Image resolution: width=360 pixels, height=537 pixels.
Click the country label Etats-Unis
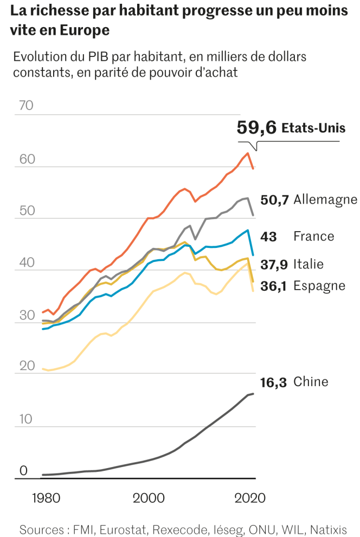tap(313, 128)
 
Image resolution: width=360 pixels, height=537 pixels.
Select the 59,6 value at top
tap(257, 128)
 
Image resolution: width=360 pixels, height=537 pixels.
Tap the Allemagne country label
tap(325, 200)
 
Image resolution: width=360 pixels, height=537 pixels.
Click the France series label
tap(313, 236)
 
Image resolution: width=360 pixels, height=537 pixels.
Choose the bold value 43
tap(269, 236)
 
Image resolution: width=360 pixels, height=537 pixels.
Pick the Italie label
tap(308, 264)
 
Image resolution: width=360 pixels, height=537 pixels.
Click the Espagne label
tap(319, 285)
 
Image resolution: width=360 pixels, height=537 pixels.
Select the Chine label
tap(311, 382)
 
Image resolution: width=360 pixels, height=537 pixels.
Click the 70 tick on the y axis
tap(26, 106)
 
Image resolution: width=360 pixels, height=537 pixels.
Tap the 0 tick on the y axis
tap(23, 471)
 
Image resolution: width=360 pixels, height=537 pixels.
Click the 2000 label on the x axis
tap(148, 498)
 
